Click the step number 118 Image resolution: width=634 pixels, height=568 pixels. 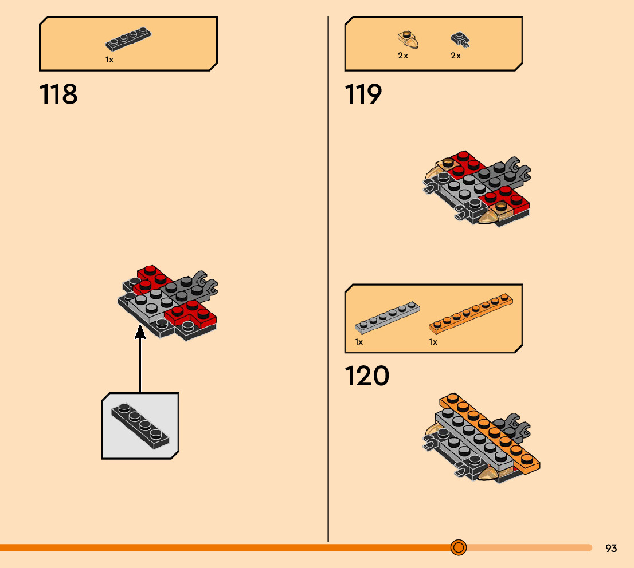58,94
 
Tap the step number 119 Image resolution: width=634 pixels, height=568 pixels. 363,94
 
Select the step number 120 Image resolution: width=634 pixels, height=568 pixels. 367,376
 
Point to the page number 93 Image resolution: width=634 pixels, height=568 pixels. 611,548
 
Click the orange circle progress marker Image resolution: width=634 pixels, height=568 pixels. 458,547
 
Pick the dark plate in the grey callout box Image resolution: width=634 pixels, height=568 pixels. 141,426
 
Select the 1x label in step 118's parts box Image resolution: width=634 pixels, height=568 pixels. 109,59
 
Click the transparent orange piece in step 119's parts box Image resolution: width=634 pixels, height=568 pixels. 408,40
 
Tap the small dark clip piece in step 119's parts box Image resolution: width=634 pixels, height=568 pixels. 459,40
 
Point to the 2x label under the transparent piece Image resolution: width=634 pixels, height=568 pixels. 403,56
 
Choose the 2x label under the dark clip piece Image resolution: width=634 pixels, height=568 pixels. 456,56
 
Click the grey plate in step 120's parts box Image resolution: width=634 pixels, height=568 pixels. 387,317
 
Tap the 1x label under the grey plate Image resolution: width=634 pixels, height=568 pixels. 359,342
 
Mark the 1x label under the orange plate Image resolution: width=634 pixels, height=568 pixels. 433,342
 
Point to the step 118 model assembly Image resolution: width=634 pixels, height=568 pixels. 169,303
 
